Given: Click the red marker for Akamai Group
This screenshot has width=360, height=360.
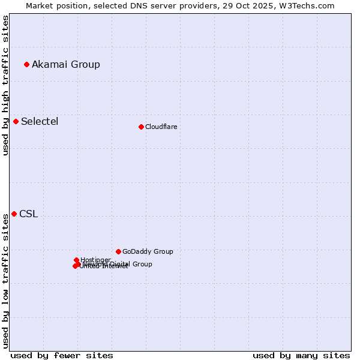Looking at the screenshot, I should pyautogui.click(x=26, y=64).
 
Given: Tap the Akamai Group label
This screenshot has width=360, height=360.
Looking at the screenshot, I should pyautogui.click(x=66, y=64).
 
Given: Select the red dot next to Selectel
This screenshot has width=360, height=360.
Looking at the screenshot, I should pyautogui.click(x=16, y=121).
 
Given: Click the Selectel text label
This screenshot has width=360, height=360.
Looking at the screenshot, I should pyautogui.click(x=40, y=121).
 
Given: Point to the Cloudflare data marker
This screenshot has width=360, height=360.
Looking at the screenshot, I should pyautogui.click(x=141, y=127).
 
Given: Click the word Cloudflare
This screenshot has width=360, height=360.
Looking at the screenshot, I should pyautogui.click(x=161, y=127).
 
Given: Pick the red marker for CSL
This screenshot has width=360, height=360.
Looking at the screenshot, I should pyautogui.click(x=14, y=214).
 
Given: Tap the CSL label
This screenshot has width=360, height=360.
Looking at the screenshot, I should pyautogui.click(x=28, y=214).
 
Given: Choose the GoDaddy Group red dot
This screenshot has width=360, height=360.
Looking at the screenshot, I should pyautogui.click(x=118, y=251).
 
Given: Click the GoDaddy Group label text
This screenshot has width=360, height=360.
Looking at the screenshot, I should pyautogui.click(x=148, y=251).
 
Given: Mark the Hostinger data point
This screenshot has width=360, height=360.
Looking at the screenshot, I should pyautogui.click(x=76, y=260).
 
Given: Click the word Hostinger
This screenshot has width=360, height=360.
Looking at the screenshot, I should pyautogui.click(x=96, y=260).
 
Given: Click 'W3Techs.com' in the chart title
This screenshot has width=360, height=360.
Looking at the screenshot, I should pyautogui.click(x=310, y=5).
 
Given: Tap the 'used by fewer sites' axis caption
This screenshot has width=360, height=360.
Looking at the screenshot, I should pyautogui.click(x=62, y=355).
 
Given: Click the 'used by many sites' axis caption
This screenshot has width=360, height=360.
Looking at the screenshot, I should pyautogui.click(x=301, y=355).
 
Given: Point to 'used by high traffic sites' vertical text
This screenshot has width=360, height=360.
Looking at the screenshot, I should pyautogui.click(x=5, y=85).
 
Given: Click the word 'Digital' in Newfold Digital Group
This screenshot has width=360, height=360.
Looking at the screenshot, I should pyautogui.click(x=120, y=264).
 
